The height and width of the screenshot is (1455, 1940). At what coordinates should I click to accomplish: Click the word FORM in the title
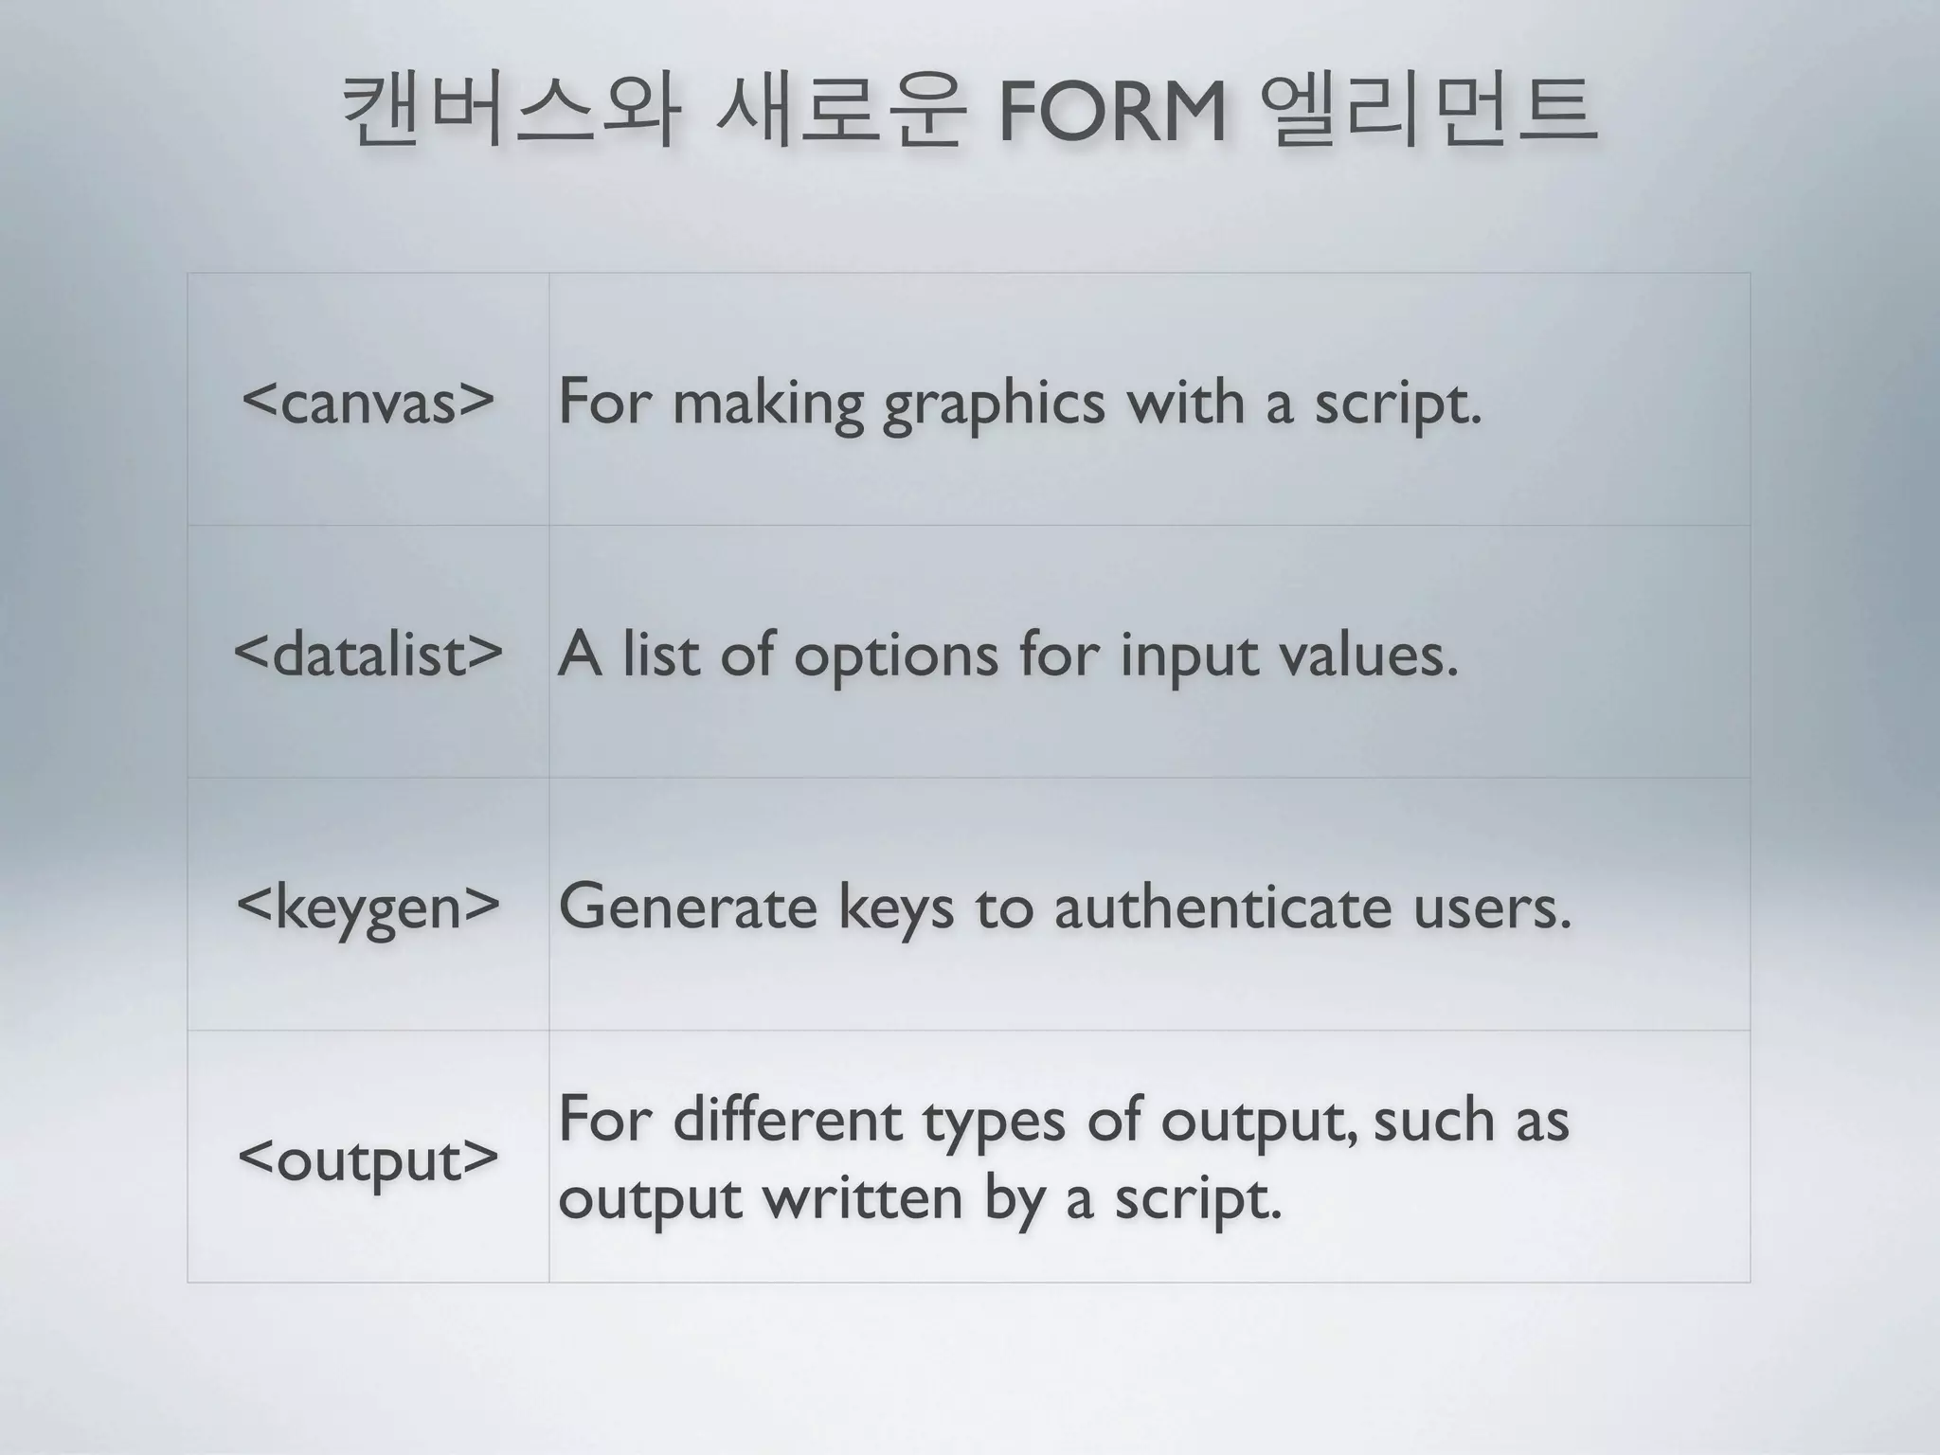click(x=1112, y=114)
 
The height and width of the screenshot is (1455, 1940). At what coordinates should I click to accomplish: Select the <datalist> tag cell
click(x=368, y=654)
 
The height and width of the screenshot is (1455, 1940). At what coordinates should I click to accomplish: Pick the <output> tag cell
click(x=368, y=1158)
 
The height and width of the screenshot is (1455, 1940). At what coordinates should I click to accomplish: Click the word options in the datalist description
click(x=895, y=656)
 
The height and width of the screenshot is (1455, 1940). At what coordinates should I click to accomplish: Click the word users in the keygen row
click(x=1492, y=907)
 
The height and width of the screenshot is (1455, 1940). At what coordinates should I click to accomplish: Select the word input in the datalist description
click(x=1189, y=656)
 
